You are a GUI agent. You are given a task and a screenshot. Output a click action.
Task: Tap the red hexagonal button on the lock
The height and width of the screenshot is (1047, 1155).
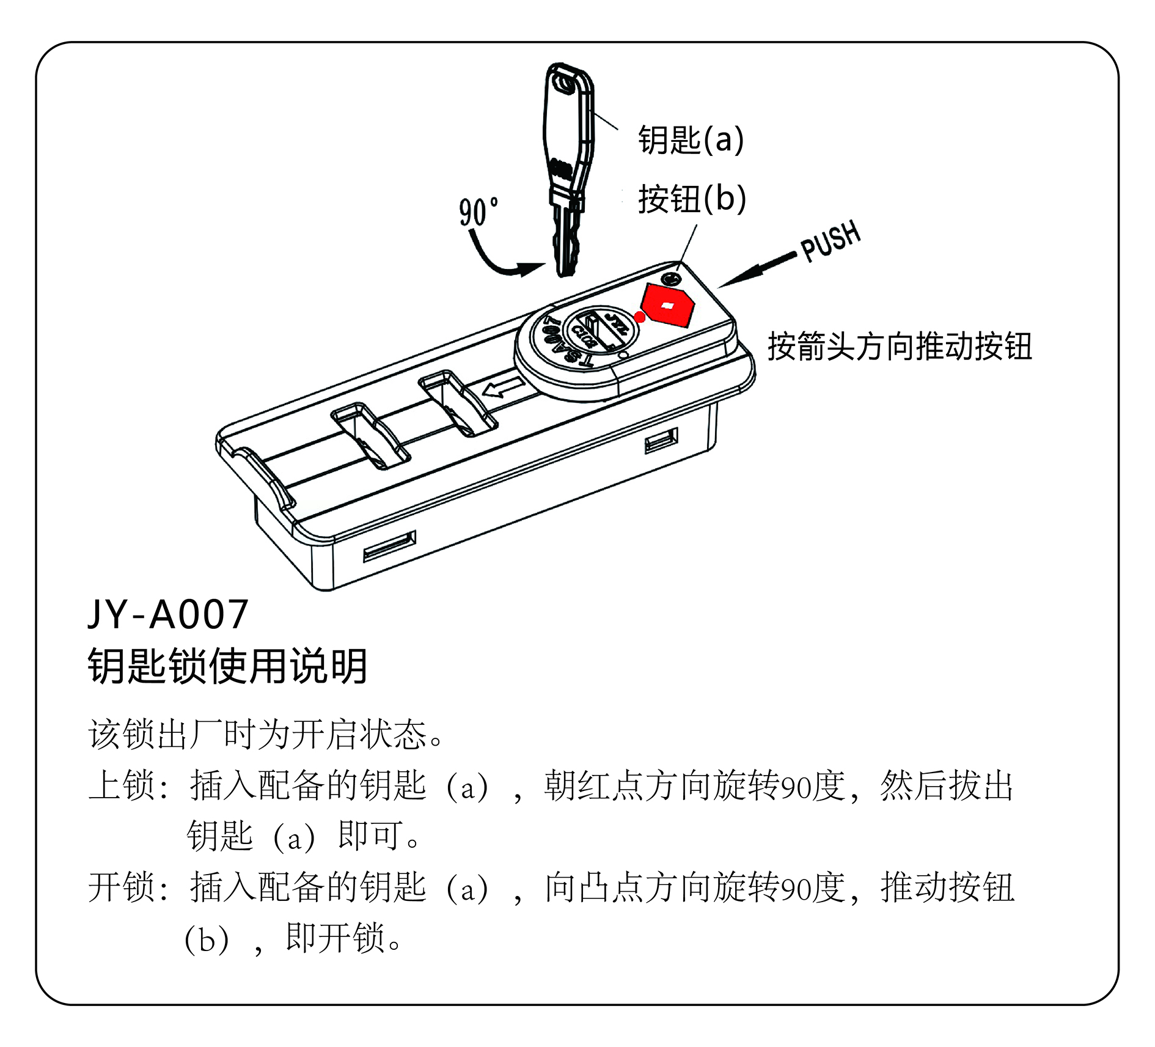[668, 304]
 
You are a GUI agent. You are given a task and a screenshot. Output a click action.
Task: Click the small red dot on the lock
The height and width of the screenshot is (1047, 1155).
[640, 317]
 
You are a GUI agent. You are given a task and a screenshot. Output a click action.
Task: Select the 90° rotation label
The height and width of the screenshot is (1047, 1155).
[479, 211]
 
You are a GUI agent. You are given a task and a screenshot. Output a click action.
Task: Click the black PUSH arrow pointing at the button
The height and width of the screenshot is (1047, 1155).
[757, 270]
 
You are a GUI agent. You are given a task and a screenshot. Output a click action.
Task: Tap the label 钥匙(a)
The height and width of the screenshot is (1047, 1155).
[691, 139]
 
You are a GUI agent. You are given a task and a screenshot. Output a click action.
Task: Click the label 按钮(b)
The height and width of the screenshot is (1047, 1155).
[692, 199]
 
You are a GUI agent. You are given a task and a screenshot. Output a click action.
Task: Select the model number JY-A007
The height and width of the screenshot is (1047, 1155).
[168, 614]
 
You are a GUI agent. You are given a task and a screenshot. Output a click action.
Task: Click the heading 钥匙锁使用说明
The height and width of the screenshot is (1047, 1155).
[227, 666]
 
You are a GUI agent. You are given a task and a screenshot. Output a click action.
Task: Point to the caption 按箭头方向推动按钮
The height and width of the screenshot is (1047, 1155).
[900, 347]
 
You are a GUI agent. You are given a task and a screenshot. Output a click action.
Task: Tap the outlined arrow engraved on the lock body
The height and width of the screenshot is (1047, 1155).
[503, 388]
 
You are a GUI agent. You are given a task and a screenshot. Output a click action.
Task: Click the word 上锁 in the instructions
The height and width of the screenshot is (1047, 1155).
[122, 785]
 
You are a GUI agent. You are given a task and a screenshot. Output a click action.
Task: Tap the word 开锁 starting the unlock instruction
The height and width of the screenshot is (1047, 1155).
[122, 887]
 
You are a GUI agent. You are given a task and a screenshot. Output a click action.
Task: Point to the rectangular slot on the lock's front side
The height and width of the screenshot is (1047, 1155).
[390, 546]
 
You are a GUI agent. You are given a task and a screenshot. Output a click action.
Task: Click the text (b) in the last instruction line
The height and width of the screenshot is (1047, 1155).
[207, 939]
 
